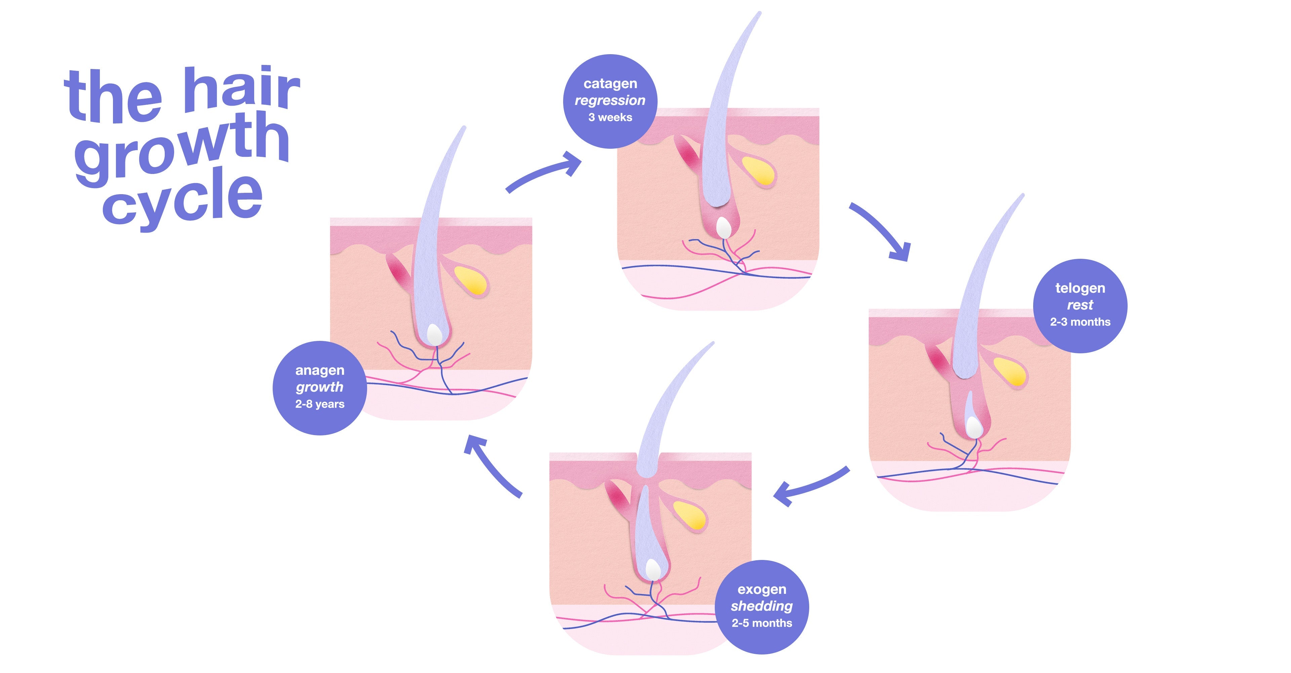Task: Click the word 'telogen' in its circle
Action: click(x=1080, y=289)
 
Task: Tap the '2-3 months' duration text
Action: click(x=1080, y=322)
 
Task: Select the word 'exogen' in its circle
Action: click(x=762, y=590)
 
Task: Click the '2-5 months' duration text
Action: click(x=762, y=623)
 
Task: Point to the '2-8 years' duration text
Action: click(x=320, y=404)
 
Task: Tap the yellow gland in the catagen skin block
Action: click(x=758, y=171)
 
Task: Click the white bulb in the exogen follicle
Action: click(x=653, y=570)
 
